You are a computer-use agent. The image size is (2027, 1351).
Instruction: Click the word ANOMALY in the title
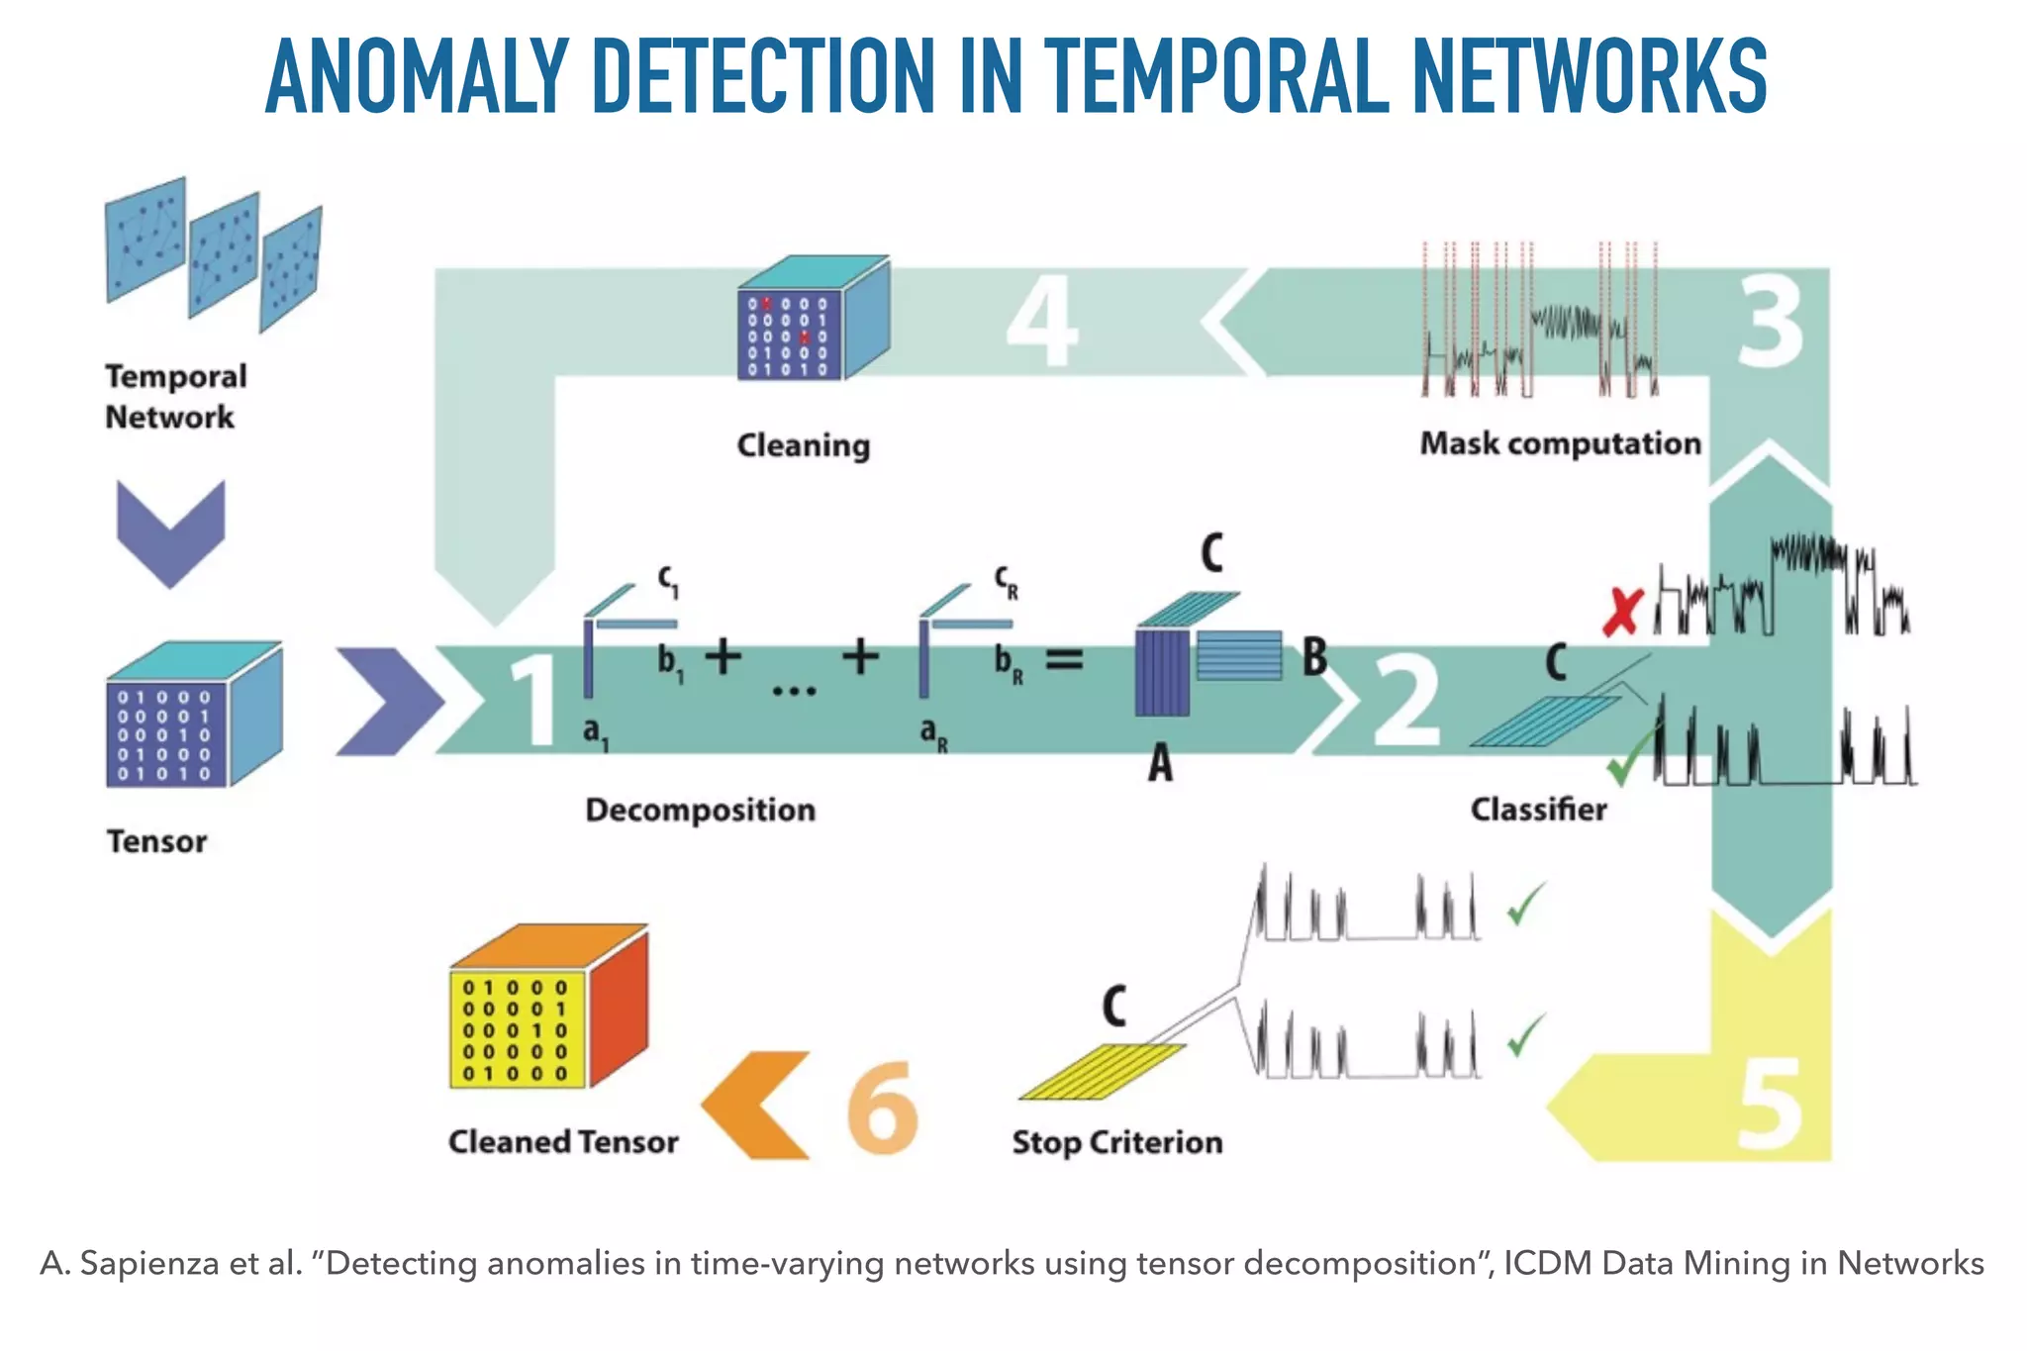tap(417, 77)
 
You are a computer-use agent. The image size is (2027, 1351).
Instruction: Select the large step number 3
tap(1771, 322)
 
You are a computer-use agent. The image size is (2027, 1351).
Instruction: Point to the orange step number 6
tap(882, 1107)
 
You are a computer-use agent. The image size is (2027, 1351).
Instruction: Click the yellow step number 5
tap(1771, 1107)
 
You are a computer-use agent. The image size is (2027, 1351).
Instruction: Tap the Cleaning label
tap(803, 445)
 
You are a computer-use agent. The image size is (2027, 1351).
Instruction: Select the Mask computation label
tap(1560, 443)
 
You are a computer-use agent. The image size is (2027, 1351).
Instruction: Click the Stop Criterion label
tap(1116, 1142)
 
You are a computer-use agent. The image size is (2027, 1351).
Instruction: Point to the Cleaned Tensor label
tap(562, 1142)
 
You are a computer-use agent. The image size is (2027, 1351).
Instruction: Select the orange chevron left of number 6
tap(757, 1106)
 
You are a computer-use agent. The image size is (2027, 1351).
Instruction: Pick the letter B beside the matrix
tap(1314, 657)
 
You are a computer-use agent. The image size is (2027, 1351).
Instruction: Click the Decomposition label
tap(700, 810)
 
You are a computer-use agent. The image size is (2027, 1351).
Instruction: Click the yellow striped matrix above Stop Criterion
tap(1102, 1071)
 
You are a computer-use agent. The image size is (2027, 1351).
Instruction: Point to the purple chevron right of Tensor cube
tap(388, 702)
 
